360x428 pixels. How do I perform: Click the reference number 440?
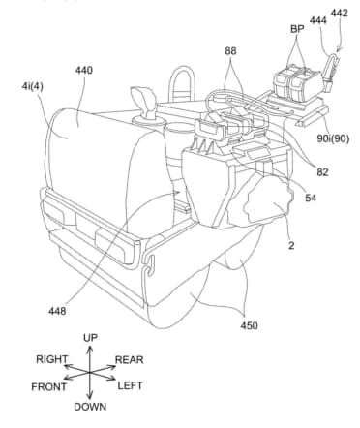(84, 70)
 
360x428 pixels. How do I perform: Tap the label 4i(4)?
(32, 87)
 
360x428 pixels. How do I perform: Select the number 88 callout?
(230, 51)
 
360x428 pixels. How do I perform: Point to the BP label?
(297, 29)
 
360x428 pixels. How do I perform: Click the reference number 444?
(318, 20)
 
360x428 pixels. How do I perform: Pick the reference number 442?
(339, 13)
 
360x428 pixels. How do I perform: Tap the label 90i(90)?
(333, 138)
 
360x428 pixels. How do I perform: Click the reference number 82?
(322, 172)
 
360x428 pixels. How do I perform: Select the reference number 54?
(311, 198)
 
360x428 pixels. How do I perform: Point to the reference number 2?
(291, 246)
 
